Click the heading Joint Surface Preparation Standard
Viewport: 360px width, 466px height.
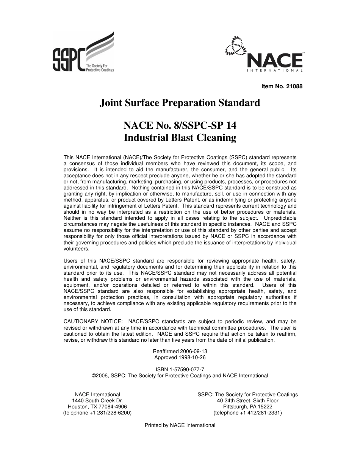(x=180, y=103)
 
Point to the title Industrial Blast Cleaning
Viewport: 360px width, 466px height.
(x=180, y=138)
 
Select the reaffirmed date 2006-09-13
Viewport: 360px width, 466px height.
(x=193, y=351)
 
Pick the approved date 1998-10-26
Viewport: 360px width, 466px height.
(x=191, y=357)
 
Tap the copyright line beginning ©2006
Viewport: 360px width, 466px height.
(x=180, y=376)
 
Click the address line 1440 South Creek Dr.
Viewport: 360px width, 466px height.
(x=97, y=401)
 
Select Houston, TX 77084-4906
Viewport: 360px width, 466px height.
(x=97, y=407)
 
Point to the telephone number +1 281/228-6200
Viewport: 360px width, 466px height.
(x=105, y=413)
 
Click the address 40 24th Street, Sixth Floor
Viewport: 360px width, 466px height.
(x=247, y=401)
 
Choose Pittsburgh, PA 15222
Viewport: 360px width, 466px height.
(x=247, y=407)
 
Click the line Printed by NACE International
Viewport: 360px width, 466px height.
(x=180, y=425)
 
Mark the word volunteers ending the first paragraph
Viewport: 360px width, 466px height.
(x=76, y=249)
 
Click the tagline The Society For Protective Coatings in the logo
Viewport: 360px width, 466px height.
(x=100, y=68)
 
